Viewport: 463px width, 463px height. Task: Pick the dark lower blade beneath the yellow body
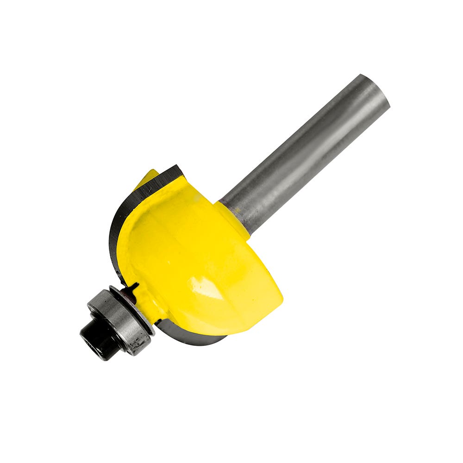194,338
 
